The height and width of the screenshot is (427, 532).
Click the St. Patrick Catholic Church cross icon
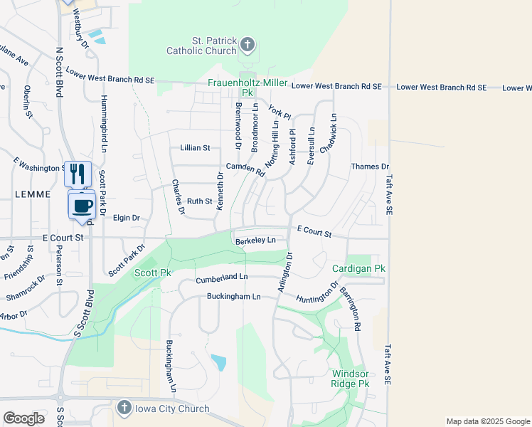[248, 46]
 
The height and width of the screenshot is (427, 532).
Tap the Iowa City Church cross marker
[124, 408]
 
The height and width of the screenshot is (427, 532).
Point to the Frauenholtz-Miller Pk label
[247, 88]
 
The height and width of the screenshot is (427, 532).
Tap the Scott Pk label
[153, 273]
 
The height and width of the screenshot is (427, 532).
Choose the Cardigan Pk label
[358, 268]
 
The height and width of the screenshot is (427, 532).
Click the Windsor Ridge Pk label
[350, 379]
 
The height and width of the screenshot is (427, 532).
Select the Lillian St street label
[196, 148]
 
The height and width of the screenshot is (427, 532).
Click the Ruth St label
[199, 201]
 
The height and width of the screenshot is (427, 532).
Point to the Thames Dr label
[366, 167]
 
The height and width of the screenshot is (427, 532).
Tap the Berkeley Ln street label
[255, 241]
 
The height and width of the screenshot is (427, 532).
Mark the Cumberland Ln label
[222, 277]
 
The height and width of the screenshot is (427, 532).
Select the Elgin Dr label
[127, 218]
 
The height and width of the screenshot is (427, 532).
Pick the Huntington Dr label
[317, 295]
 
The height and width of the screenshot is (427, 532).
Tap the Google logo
[23, 418]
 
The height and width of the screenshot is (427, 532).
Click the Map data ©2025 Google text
[487, 421]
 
